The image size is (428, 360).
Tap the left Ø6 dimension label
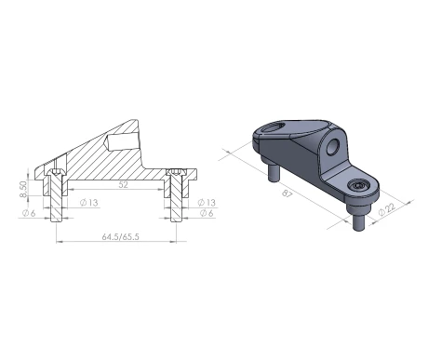pos(29,215)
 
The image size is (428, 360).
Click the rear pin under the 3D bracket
pos(276,173)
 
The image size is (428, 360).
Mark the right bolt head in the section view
pos(174,174)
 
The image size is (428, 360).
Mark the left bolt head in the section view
pos(56,174)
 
